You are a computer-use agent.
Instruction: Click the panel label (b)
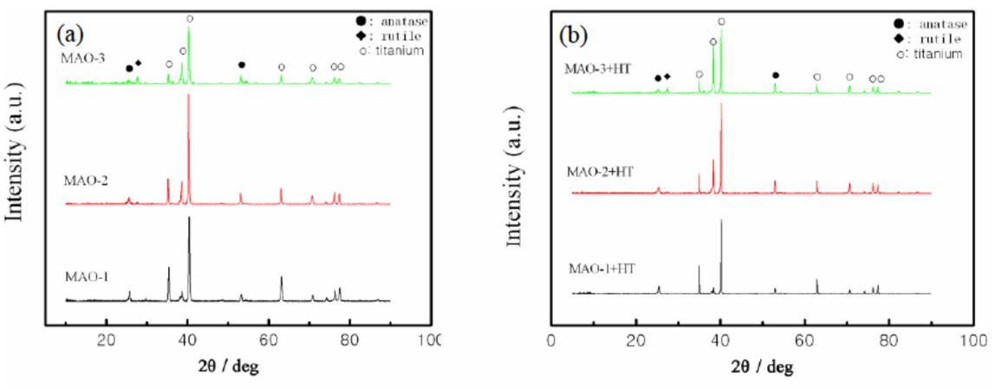click(575, 36)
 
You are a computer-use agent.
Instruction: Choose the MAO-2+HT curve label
click(601, 171)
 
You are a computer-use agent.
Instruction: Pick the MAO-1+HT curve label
click(602, 269)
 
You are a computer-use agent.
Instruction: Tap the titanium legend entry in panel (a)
click(395, 50)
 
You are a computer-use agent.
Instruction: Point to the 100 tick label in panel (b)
click(973, 339)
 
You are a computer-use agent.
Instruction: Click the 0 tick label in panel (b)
click(552, 339)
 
